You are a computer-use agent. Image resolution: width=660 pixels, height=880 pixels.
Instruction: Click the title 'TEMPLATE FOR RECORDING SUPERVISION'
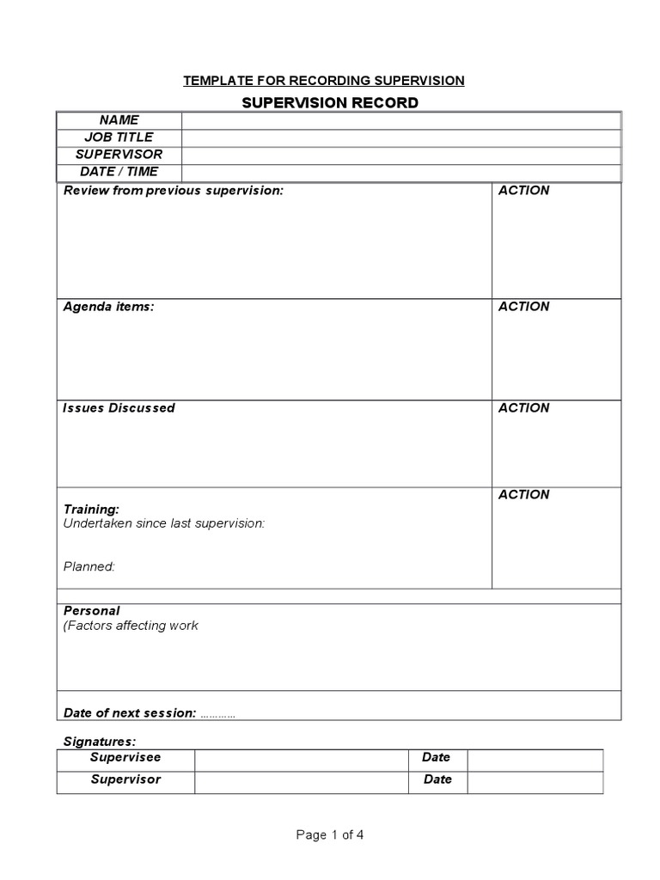pyautogui.click(x=323, y=81)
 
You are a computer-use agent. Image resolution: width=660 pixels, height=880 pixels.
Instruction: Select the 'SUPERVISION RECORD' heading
pyautogui.click(x=330, y=103)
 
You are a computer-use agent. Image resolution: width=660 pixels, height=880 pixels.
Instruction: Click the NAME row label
pyautogui.click(x=119, y=120)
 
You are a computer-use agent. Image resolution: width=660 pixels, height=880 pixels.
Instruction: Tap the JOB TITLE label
pyautogui.click(x=119, y=137)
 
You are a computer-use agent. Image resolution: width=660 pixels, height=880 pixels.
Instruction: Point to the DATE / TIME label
pyautogui.click(x=119, y=172)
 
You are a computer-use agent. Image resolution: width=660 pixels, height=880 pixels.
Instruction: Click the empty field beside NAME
pyautogui.click(x=400, y=120)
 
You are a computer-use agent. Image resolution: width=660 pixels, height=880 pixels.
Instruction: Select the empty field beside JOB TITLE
pyautogui.click(x=400, y=137)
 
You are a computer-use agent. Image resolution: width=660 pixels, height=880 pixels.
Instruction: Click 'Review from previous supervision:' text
pyautogui.click(x=173, y=191)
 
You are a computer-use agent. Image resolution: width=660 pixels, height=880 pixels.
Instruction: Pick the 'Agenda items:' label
pyautogui.click(x=109, y=307)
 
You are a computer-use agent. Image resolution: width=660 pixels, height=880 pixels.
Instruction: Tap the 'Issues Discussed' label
pyautogui.click(x=119, y=408)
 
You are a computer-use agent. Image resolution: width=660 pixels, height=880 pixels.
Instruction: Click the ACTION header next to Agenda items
pyautogui.click(x=523, y=307)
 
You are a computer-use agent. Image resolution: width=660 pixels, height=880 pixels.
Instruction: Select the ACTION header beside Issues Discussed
pyautogui.click(x=523, y=408)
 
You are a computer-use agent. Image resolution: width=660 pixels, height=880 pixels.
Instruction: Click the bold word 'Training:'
pyautogui.click(x=91, y=509)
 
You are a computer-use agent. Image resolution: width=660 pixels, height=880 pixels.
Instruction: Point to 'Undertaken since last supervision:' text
pyautogui.click(x=164, y=522)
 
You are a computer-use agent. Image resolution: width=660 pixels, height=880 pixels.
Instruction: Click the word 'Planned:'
pyautogui.click(x=89, y=566)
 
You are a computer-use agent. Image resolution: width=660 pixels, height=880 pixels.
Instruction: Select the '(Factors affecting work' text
pyautogui.click(x=131, y=626)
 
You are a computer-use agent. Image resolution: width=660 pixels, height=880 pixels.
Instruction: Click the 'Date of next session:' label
pyautogui.click(x=130, y=713)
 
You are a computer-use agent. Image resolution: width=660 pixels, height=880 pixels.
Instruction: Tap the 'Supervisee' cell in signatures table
pyautogui.click(x=125, y=758)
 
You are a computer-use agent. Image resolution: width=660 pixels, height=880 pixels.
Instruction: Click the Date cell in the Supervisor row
pyautogui.click(x=437, y=779)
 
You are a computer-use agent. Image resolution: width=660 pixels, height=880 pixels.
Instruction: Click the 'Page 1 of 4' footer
pyautogui.click(x=330, y=834)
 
